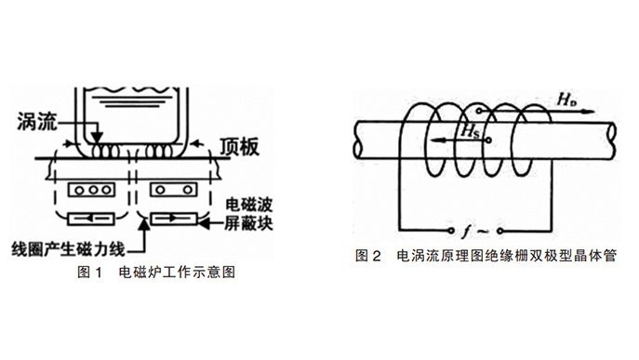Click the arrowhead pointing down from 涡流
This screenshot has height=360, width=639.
[96, 137]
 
